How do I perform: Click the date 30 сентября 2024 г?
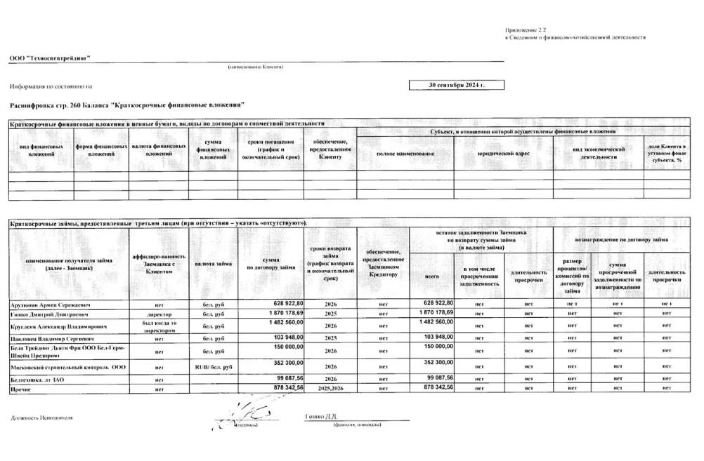tap(456, 85)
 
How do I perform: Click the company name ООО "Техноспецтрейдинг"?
tap(50, 58)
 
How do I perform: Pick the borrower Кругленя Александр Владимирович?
tap(58, 326)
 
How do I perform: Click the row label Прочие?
tap(20, 388)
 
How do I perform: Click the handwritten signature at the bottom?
tap(247, 412)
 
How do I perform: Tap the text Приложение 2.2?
tap(525, 31)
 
